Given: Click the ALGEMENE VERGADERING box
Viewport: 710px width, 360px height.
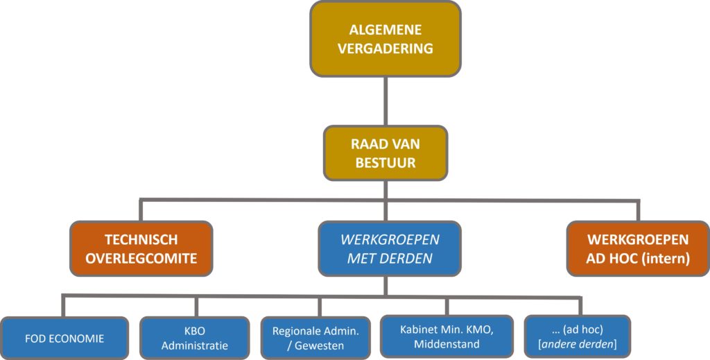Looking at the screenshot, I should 386,39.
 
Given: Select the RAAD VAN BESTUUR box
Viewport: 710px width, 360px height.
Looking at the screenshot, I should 386,154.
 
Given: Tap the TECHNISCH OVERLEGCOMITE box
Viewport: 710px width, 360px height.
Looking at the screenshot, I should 141,249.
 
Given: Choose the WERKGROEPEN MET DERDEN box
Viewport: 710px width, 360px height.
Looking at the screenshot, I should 389,249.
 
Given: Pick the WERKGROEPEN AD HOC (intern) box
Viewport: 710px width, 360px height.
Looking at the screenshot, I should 637,249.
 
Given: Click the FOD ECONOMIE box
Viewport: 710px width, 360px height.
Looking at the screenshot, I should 64,338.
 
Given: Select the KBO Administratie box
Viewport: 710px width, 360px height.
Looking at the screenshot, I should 194,338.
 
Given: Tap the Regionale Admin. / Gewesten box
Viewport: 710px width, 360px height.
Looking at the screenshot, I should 320,338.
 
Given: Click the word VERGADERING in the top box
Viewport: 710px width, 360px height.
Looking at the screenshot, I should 386,49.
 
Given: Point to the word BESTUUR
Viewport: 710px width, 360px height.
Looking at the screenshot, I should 386,164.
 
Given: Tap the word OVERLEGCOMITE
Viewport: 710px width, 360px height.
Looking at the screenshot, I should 141,259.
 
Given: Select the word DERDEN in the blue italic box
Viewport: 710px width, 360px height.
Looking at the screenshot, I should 411,259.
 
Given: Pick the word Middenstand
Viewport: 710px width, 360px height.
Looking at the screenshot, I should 447,344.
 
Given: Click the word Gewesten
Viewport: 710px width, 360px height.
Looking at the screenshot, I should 324,345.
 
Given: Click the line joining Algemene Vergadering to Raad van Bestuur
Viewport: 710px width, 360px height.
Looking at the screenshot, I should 386,101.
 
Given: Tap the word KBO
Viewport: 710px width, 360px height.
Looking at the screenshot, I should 194,332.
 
